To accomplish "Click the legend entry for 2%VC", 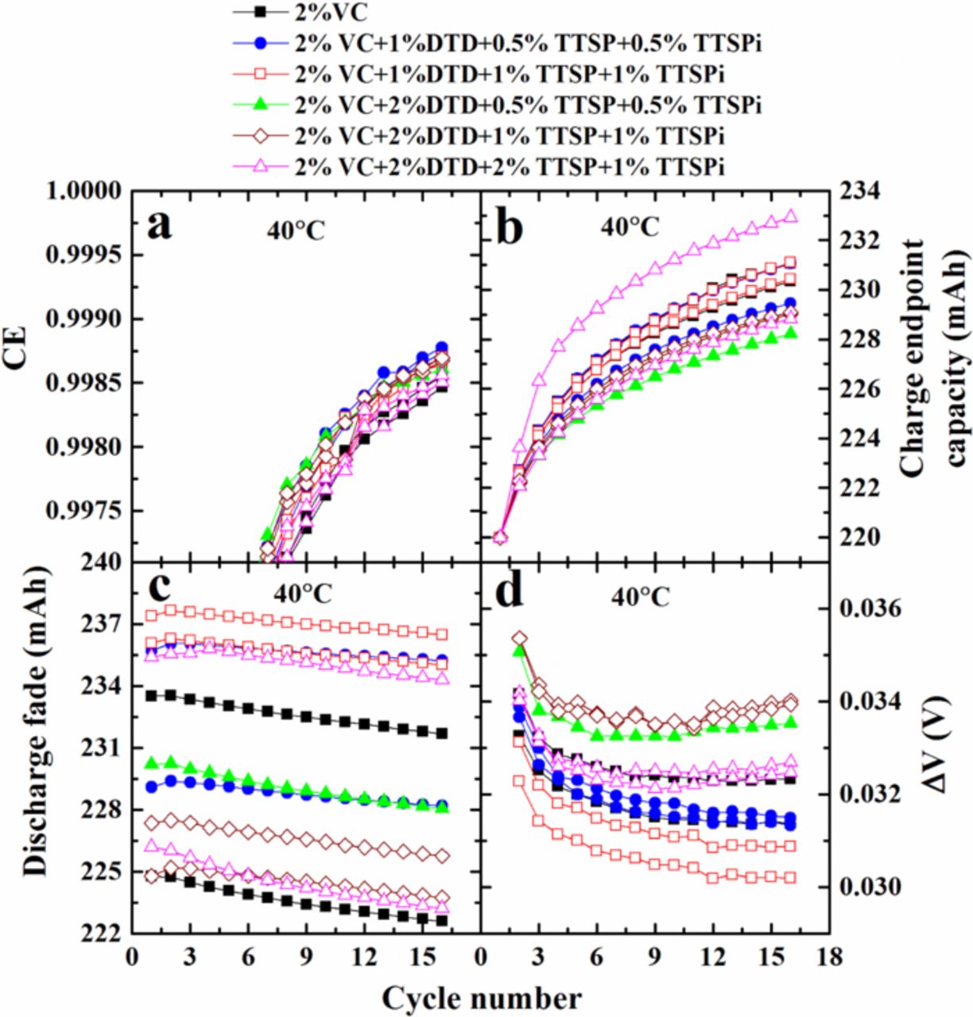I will click(x=326, y=12).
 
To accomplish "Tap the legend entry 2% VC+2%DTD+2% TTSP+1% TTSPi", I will click(x=509, y=167).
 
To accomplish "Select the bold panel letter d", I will click(x=510, y=594).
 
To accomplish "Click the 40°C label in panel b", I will click(x=630, y=227).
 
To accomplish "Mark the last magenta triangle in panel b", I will click(x=791, y=216).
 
